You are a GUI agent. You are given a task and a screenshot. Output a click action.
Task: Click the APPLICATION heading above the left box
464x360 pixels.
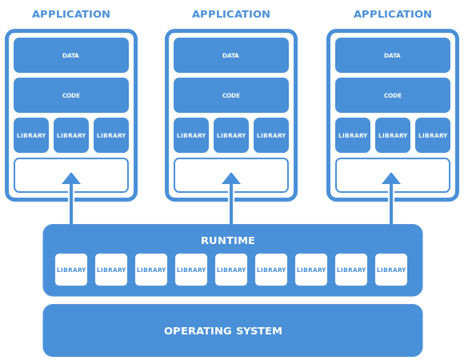tap(71, 14)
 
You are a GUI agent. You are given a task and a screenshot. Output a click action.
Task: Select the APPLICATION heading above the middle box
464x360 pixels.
tap(231, 14)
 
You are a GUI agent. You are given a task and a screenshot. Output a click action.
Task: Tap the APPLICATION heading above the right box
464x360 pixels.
tap(393, 14)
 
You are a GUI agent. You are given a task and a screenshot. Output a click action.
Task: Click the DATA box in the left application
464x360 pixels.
tap(71, 55)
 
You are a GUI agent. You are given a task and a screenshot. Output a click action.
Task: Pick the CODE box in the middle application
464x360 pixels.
tap(231, 95)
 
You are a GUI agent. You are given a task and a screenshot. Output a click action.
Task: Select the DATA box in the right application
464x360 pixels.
tap(393, 55)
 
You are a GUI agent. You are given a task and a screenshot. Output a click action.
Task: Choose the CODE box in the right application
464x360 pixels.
tap(393, 95)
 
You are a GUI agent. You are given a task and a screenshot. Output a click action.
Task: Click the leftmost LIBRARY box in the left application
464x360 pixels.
tap(31, 135)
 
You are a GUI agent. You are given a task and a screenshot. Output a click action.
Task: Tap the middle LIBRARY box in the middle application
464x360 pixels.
tap(231, 135)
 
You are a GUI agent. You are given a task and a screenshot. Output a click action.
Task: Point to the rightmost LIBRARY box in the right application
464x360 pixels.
tap(433, 135)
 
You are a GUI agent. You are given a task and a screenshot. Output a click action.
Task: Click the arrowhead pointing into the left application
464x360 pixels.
tap(71, 178)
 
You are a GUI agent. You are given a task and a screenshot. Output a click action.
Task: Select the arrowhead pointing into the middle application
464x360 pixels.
tap(231, 178)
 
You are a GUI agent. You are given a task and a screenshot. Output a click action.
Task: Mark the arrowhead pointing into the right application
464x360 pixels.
tap(391, 178)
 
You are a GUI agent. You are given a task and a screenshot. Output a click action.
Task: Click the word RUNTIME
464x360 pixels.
tap(228, 240)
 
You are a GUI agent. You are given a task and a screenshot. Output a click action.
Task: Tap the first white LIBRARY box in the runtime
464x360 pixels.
tap(71, 270)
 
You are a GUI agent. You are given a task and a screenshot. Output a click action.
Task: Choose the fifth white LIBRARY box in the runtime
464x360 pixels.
tap(231, 270)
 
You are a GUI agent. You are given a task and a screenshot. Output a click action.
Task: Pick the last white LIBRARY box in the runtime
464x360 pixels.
tap(391, 270)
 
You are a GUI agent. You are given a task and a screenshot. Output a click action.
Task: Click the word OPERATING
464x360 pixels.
tap(198, 330)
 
